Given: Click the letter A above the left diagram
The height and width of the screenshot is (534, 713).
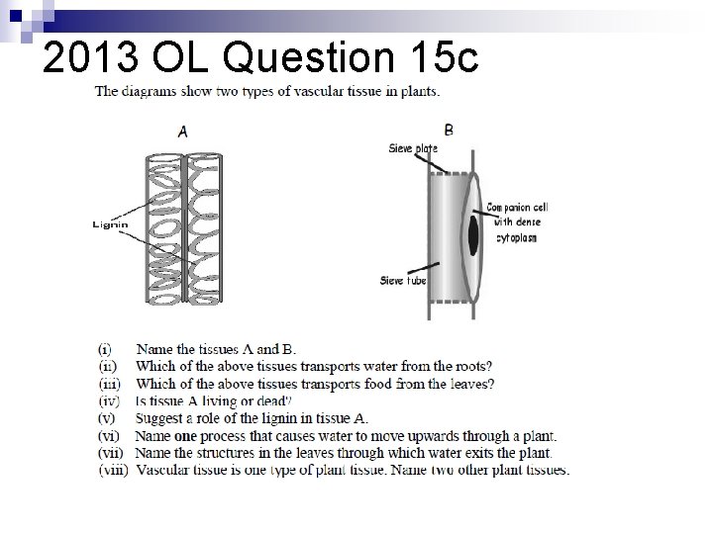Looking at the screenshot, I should click(182, 131).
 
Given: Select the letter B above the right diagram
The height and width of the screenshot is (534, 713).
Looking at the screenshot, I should click(450, 130).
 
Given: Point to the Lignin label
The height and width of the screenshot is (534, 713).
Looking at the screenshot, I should click(111, 224).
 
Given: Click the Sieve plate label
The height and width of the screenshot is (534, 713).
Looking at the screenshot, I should click(411, 149).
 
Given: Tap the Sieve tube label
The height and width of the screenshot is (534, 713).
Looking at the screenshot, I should click(403, 281).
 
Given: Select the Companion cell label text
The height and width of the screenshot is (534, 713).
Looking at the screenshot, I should click(517, 208).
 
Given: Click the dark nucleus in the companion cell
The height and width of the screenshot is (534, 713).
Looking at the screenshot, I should click(472, 233).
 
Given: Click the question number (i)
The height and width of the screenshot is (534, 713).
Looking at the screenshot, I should click(105, 349).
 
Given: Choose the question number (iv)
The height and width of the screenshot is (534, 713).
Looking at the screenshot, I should click(109, 400).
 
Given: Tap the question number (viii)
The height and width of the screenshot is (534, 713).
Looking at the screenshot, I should click(113, 470).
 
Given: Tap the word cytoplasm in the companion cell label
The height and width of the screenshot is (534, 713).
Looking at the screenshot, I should click(515, 238).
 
